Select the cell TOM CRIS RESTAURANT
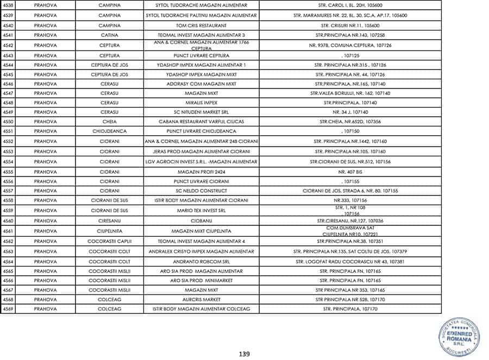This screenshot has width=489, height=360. coord(201,26)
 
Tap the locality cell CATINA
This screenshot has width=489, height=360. coord(109,35)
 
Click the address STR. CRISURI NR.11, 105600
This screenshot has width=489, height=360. coord(350,26)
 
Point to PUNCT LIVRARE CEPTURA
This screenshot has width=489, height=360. coord(201,55)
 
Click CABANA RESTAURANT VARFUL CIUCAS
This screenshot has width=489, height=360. coord(201,122)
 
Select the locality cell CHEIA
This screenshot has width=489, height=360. coord(109,122)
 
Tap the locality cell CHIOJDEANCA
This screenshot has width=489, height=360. coord(109,131)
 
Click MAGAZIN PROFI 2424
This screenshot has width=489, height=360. coord(201,172)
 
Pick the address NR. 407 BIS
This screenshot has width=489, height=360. coord(350,172)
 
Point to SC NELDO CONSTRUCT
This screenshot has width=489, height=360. coord(201,191)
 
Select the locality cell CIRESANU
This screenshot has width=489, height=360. coord(109,221)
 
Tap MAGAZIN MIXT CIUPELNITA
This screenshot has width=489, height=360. coord(201,231)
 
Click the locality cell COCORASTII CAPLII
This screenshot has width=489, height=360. coord(109,241)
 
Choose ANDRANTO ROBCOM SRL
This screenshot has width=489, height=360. coord(201,261)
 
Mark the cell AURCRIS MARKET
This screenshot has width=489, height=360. coord(201,299)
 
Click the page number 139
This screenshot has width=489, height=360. coord(244,354)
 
